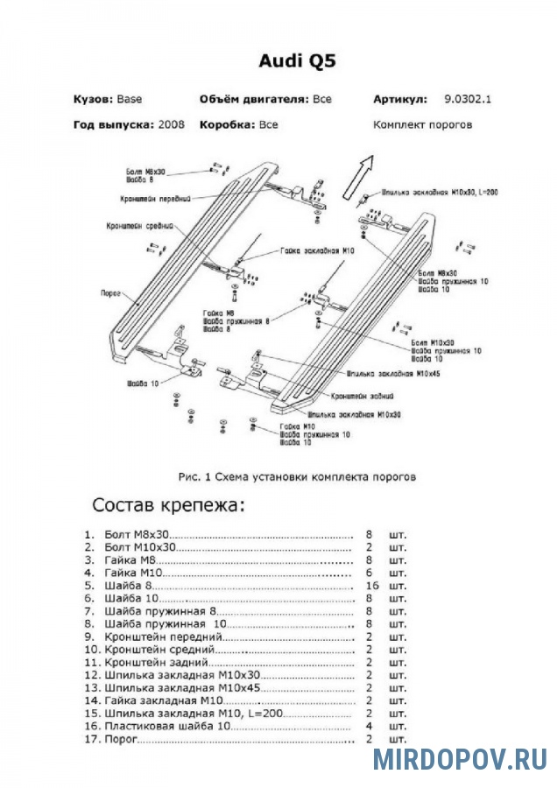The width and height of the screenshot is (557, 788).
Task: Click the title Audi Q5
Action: click(296, 60)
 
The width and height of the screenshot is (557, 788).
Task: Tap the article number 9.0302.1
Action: click(468, 99)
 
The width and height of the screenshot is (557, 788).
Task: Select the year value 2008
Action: click(173, 124)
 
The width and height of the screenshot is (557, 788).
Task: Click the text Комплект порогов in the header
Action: click(422, 124)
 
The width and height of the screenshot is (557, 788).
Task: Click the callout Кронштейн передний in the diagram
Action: click(156, 199)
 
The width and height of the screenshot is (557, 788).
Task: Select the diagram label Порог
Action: click(110, 294)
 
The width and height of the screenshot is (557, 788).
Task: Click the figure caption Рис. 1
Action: click(295, 477)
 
